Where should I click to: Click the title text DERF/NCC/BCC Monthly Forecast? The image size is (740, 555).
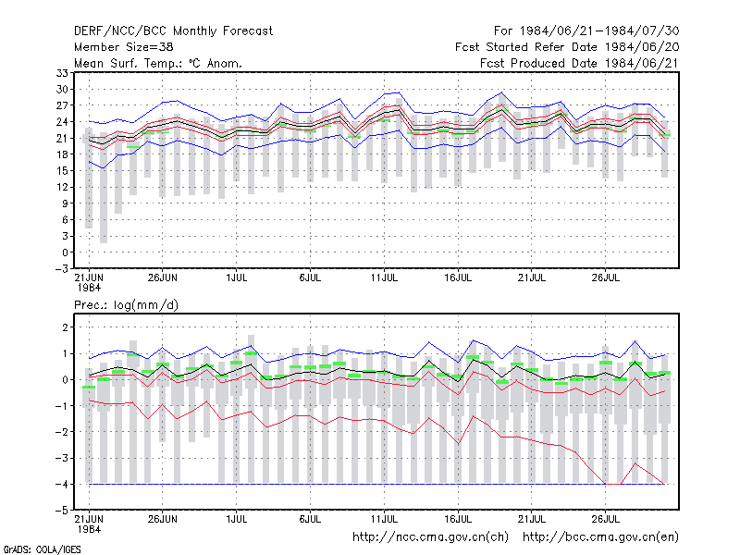coord(173,31)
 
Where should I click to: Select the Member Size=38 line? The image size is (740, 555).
coord(124,47)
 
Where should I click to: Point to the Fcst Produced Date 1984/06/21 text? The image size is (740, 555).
coord(579,63)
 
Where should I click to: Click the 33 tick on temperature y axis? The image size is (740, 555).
coord(62,73)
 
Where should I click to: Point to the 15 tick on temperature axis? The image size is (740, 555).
coord(62,171)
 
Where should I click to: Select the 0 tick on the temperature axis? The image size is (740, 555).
coord(65,253)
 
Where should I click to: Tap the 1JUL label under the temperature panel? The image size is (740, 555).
coord(237,277)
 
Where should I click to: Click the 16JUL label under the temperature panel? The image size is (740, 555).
coord(458,277)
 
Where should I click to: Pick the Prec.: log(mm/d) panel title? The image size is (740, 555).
coord(126,305)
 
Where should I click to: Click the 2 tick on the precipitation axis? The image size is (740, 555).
coord(65,327)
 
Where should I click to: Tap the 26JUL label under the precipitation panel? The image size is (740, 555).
coord(606,519)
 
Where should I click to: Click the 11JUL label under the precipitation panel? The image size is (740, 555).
coord(384,519)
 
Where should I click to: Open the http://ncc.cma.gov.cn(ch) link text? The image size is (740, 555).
coord(430,537)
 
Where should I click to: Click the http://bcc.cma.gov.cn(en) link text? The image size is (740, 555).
coord(600,537)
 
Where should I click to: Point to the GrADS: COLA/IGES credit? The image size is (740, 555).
coord(42,549)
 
